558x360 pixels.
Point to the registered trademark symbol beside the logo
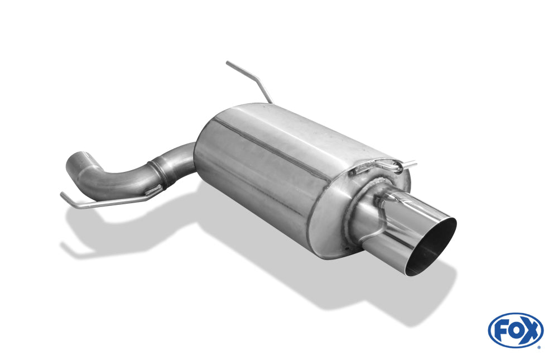540,347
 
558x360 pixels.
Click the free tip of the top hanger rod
228,63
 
